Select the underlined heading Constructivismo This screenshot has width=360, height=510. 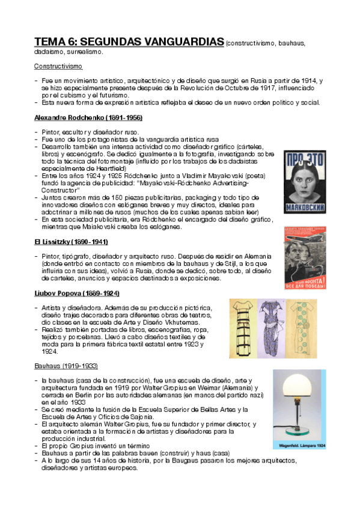[58, 66]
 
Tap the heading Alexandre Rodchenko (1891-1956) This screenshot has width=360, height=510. [88, 117]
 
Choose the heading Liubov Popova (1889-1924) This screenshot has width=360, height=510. [77, 293]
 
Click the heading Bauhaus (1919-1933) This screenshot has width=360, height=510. [66, 366]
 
